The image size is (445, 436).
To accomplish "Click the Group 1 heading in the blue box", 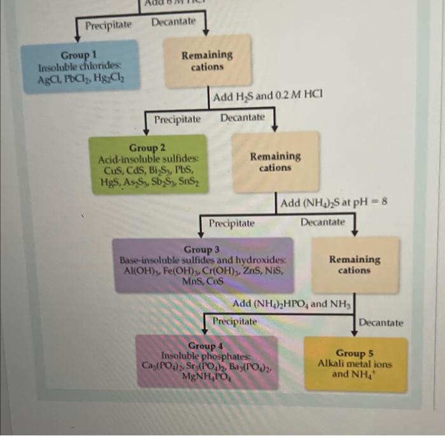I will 79,56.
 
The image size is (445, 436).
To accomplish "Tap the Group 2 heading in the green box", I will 147,148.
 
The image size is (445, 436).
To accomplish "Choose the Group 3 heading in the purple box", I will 202,249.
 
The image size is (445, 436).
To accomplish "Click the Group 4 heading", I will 206,346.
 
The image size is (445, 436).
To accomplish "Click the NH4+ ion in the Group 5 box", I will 367,374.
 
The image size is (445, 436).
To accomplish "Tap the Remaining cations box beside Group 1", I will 207,61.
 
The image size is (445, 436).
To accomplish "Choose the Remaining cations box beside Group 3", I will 354,265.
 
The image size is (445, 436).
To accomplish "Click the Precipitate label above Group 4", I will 235,321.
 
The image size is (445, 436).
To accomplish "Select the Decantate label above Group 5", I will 380,323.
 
